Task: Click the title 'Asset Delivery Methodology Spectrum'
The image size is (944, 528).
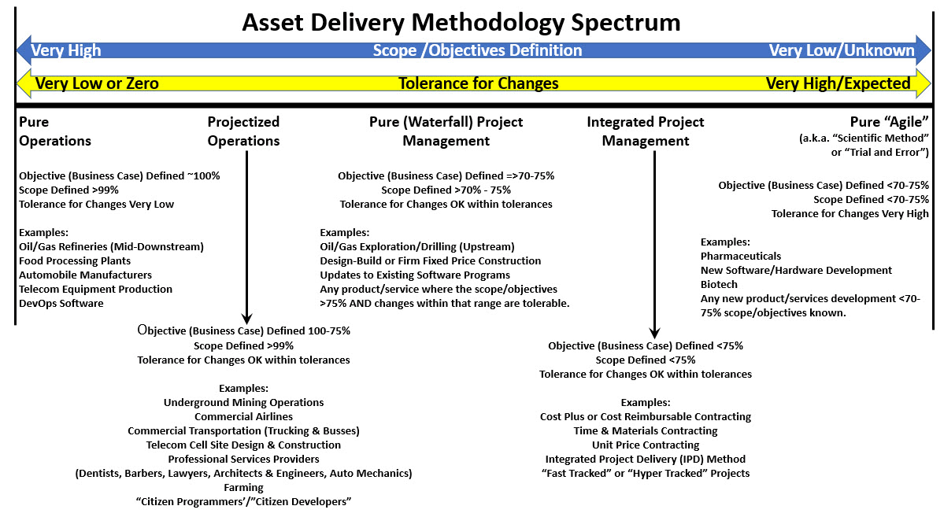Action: pyautogui.click(x=461, y=23)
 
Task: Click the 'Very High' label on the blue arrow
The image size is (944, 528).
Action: pyautogui.click(x=65, y=50)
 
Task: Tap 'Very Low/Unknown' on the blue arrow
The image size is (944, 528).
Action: pyautogui.click(x=842, y=50)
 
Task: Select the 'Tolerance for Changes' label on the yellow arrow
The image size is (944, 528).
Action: pyautogui.click(x=479, y=83)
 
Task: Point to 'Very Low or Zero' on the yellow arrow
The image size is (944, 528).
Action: pyautogui.click(x=97, y=83)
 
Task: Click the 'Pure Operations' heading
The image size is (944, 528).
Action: pyautogui.click(x=55, y=131)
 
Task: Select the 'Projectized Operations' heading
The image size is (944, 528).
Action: pyautogui.click(x=243, y=131)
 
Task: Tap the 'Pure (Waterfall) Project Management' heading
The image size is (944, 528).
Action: pyautogui.click(x=446, y=131)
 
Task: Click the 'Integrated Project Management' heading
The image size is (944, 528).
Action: pyautogui.click(x=646, y=131)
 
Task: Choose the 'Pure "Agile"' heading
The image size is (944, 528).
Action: pyautogui.click(x=889, y=122)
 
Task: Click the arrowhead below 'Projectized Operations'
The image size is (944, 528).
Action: pyautogui.click(x=246, y=319)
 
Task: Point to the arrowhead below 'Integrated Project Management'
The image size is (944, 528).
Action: pyautogui.click(x=654, y=333)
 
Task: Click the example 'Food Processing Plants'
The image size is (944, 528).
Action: pyautogui.click(x=75, y=261)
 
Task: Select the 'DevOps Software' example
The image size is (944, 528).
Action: pyautogui.click(x=61, y=303)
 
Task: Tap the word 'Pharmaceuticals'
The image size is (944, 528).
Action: pyautogui.click(x=741, y=257)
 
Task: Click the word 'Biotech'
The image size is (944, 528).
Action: pyautogui.click(x=719, y=284)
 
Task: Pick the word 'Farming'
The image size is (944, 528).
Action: pyautogui.click(x=243, y=488)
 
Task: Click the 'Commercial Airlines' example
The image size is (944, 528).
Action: pyautogui.click(x=243, y=417)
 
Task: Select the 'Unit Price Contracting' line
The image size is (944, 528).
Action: pyautogui.click(x=646, y=445)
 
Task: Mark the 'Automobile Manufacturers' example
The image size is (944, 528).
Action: pyautogui.click(x=85, y=275)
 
